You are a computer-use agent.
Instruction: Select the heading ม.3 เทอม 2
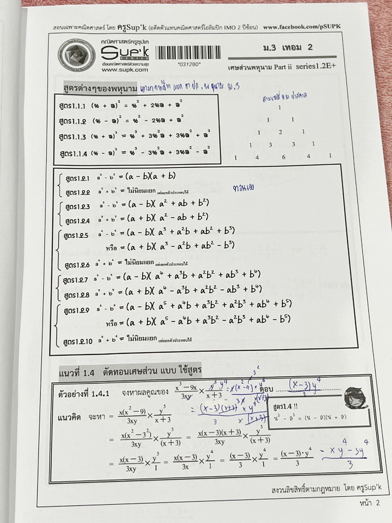pyautogui.click(x=284, y=47)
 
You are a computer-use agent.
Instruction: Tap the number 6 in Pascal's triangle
pyautogui.click(x=283, y=157)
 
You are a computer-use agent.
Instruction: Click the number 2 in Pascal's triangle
pyautogui.click(x=280, y=132)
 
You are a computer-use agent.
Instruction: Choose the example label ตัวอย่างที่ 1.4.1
pyautogui.click(x=83, y=393)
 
